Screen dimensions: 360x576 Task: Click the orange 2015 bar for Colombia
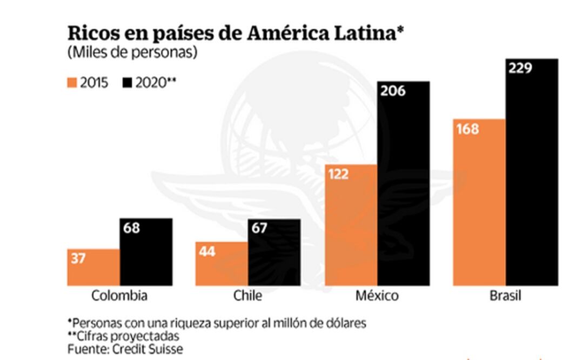[93, 268]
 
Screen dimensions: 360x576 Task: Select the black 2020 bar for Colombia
[146, 252]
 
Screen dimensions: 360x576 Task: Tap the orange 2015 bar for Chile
[222, 263]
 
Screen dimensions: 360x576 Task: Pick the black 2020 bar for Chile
[274, 252]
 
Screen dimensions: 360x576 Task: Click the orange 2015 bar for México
[351, 225]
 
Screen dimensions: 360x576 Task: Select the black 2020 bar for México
[403, 184]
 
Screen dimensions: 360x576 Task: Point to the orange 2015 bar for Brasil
[479, 202]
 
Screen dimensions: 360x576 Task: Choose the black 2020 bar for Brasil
[532, 172]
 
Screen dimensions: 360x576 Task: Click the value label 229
[520, 68]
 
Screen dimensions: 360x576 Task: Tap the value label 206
[392, 91]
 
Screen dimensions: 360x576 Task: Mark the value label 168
[467, 129]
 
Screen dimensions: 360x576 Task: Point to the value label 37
[78, 258]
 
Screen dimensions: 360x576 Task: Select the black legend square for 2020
[128, 83]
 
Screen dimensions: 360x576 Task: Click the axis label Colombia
[119, 296]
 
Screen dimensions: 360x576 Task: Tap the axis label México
[377, 296]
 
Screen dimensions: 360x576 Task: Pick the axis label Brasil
[505, 296]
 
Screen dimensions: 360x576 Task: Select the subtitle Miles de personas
[132, 53]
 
